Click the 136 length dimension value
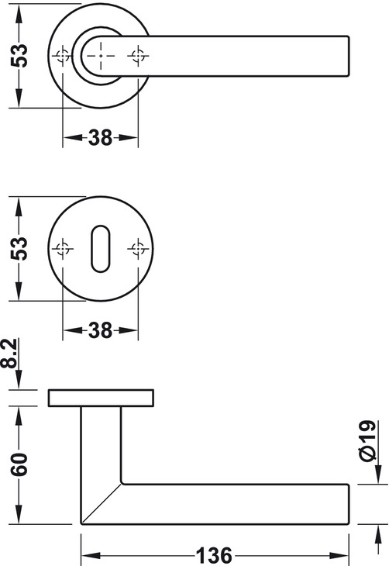coord(214,555)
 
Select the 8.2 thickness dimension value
coord(9,353)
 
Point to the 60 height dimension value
coord(19,464)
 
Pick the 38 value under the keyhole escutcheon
coord(100,330)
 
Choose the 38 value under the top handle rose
coord(100,137)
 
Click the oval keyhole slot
coord(100,249)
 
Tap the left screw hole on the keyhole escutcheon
coord(63,249)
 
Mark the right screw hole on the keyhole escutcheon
coord(138,249)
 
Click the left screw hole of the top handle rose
coord(63,56)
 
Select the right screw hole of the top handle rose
coord(138,56)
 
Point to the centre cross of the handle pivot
coord(101,56)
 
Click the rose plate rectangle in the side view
coord(101,398)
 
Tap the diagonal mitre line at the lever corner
coord(101,503)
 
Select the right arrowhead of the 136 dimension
coord(339,555)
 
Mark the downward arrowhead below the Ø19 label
coord(378,474)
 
